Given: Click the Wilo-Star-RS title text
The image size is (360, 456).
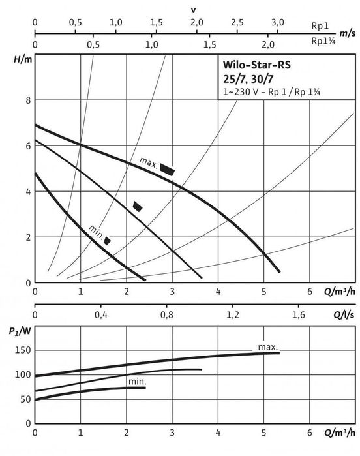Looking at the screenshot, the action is click(x=256, y=65).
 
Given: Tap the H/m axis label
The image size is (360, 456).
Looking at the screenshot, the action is click(x=23, y=59).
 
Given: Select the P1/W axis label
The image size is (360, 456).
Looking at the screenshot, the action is click(x=20, y=331).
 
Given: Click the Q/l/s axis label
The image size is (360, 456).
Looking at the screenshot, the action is click(x=344, y=314).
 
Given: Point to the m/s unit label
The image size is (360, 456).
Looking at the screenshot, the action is click(x=348, y=33).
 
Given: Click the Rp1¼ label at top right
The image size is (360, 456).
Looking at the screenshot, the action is click(x=323, y=41).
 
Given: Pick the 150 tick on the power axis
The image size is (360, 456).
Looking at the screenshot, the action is click(x=23, y=350).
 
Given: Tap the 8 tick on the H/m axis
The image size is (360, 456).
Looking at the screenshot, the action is click(x=28, y=100).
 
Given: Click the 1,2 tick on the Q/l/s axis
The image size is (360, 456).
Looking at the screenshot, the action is click(x=233, y=314).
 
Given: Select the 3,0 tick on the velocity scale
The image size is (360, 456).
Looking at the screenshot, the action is click(x=278, y=22).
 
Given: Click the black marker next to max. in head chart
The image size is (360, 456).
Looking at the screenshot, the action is click(x=167, y=170).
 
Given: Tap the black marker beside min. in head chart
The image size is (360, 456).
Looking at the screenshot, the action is click(x=108, y=241).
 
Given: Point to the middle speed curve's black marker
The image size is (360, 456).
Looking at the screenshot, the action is click(x=138, y=207).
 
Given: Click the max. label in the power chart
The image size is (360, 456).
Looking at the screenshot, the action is click(x=268, y=347).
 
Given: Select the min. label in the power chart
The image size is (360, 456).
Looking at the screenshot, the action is click(x=138, y=382).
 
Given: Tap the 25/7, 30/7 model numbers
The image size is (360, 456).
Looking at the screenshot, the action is click(x=248, y=79).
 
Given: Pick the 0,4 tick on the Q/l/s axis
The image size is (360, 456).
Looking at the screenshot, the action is click(x=101, y=314).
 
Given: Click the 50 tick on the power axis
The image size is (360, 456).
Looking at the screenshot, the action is click(x=25, y=399).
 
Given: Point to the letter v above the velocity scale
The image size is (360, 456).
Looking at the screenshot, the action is click(x=194, y=10).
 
